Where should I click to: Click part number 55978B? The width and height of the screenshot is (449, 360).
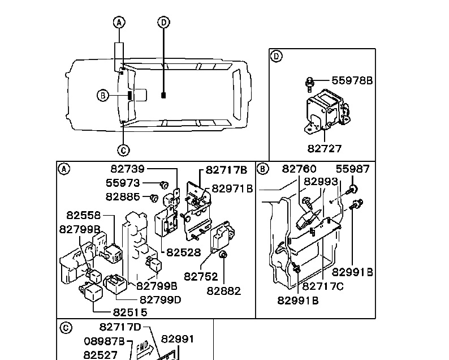click(352, 80)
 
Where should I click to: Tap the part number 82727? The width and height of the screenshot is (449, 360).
click(325, 149)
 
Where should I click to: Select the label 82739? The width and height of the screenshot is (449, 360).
click(128, 169)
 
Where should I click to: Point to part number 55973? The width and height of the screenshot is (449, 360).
click(123, 183)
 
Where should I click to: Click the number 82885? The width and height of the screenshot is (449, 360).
click(123, 196)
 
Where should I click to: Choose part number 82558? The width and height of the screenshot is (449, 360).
click(84, 215)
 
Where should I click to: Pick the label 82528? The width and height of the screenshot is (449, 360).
click(184, 252)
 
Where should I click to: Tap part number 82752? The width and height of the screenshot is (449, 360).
click(201, 277)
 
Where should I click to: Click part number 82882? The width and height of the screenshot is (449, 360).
click(223, 291)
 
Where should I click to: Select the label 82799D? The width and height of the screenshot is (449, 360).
click(161, 300)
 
